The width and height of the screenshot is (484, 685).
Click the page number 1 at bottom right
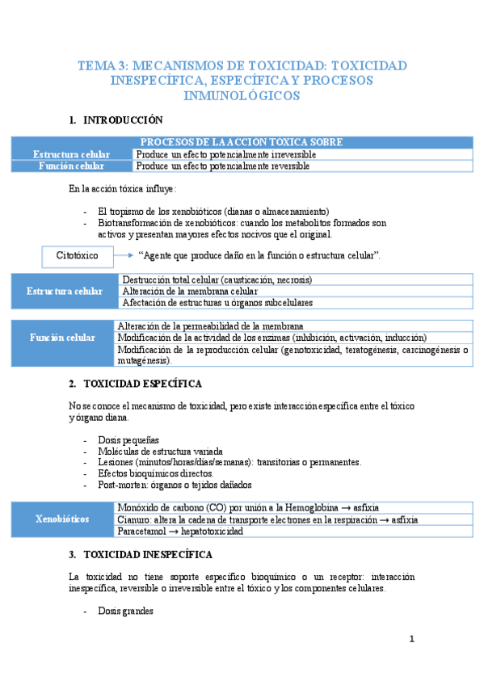[x=411, y=639]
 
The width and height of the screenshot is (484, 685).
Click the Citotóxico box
[x=78, y=255]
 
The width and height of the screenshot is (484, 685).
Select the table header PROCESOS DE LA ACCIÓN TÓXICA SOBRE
[x=242, y=142]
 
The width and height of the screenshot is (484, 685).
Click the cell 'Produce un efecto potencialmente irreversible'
[x=225, y=154]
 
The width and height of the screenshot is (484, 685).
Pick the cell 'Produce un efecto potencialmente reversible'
[x=222, y=166]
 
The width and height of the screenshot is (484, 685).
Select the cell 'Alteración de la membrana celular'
[x=189, y=291]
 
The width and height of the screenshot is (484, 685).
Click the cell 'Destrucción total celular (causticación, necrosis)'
[x=217, y=279]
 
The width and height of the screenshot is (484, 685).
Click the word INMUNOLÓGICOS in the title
[x=242, y=96]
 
